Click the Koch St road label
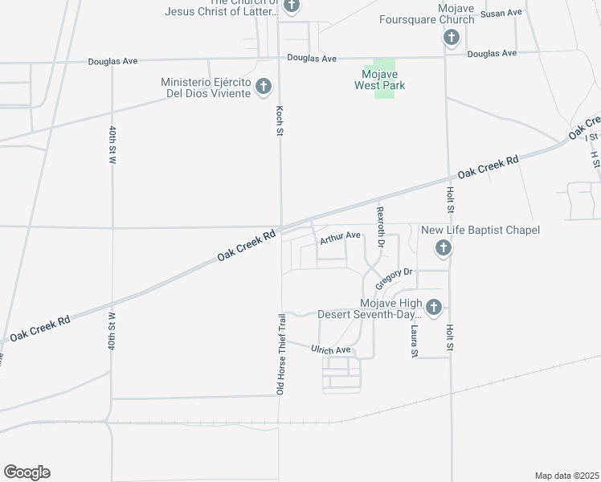coord(280,119)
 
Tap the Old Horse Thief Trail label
coord(281,354)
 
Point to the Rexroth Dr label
coord(381,227)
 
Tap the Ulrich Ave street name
coord(331,350)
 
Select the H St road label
coord(595,159)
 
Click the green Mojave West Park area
coord(386,70)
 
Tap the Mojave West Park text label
coord(380,80)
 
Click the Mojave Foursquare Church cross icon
coord(451,38)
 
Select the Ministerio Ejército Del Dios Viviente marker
coord(263,88)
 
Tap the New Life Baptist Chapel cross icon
coord(442,250)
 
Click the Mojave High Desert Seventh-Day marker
coord(433,308)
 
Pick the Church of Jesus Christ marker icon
coord(292,6)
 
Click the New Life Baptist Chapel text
coord(480,231)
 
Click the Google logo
coord(27,472)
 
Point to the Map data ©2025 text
coord(567,476)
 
